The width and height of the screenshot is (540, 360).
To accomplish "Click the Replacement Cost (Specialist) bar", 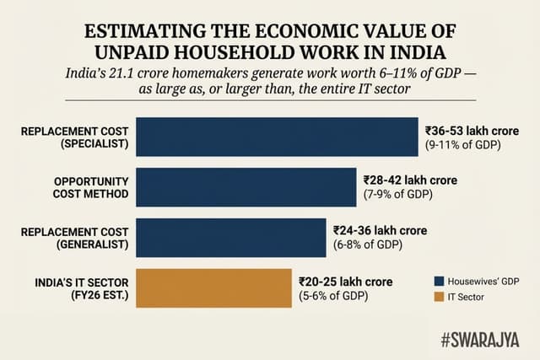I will click(277, 137).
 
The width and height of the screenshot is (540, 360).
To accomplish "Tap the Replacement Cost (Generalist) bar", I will click(230, 237).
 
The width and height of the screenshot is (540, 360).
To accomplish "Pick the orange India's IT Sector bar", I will click(213, 287).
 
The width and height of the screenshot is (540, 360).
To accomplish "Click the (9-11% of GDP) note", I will click(462, 146).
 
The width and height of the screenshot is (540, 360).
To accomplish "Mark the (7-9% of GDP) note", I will click(398, 196).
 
